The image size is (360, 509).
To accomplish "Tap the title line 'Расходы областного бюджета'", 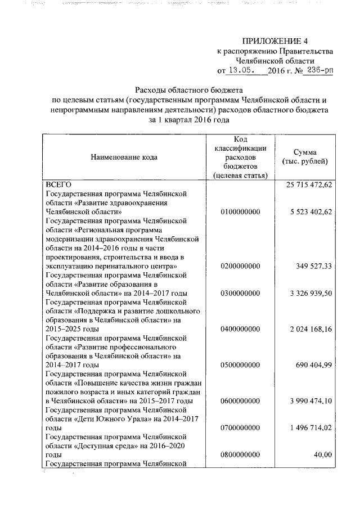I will pyautogui.click(x=188, y=90).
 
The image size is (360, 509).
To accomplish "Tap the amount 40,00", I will pyautogui.click(x=323, y=454).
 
